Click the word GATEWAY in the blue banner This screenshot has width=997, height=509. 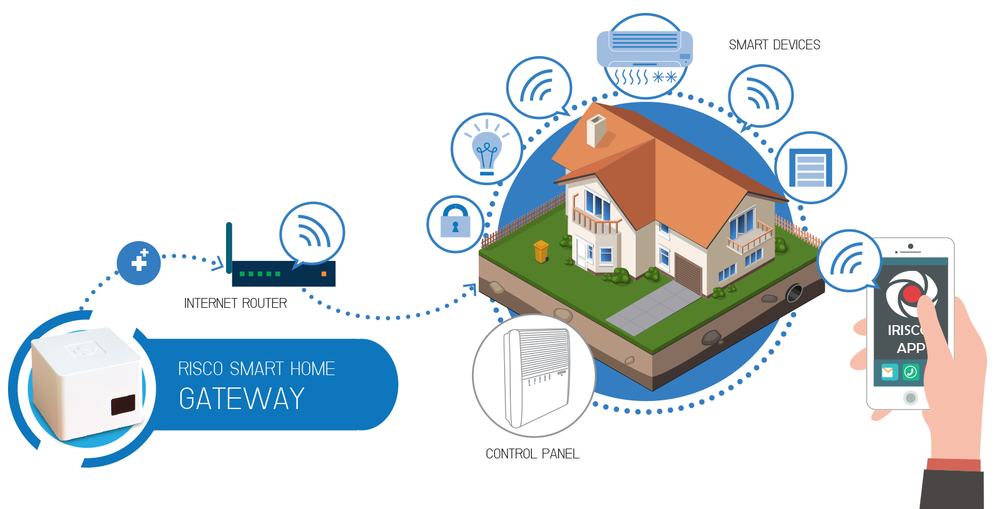pos(242,399)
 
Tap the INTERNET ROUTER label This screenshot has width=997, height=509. pos(235,304)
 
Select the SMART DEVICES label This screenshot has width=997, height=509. pos(775,45)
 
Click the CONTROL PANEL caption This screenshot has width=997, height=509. pos(532,454)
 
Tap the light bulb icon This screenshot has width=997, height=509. pos(487,149)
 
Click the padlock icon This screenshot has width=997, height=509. pos(455,223)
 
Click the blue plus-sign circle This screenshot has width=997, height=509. pos(139,263)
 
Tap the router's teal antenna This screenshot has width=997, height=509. pos(229,247)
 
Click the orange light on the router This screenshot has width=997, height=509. pos(324,273)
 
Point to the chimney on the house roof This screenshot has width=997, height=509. pos(596,130)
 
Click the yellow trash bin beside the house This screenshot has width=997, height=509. pos(541,251)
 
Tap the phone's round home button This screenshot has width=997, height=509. pos(910,398)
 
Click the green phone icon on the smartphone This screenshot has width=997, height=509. pos(911,372)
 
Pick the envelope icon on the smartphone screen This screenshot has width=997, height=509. pos(889,372)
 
